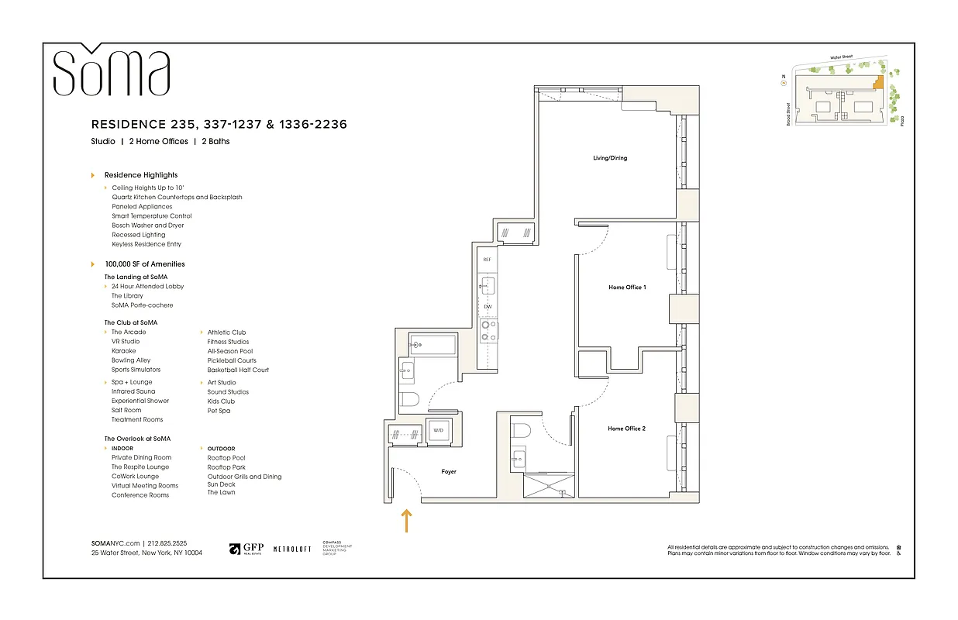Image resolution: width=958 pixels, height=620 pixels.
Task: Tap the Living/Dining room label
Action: pos(609,158)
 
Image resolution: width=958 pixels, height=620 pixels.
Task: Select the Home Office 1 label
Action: pos(627,288)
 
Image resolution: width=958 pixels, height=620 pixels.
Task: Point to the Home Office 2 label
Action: pos(626,429)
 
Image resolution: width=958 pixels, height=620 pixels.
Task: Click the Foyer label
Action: pos(449,471)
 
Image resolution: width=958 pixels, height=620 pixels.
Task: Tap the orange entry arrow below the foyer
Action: pos(405,520)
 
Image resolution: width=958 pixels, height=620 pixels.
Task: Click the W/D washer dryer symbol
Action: pos(438,430)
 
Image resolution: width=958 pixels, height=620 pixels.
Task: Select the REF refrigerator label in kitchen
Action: pos(488,260)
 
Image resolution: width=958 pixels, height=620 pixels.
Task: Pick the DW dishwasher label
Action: pos(488,307)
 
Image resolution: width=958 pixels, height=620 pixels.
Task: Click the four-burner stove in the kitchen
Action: pos(488,332)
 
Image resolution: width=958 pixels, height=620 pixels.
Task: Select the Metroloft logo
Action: pos(292,549)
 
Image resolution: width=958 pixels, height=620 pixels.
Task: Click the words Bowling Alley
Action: pos(131,360)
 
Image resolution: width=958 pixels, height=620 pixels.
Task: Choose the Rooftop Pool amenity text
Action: pos(226,458)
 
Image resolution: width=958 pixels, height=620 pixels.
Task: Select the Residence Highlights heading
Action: pos(141,175)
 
